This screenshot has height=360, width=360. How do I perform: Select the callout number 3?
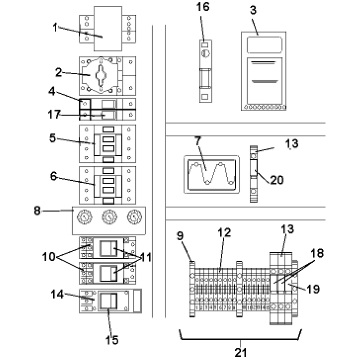click(x=253, y=10)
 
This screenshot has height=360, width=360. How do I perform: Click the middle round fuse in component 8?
click(x=108, y=219)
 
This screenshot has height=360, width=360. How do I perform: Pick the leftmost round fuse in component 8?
click(x=83, y=219)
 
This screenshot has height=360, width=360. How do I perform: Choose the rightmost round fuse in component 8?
click(x=133, y=219)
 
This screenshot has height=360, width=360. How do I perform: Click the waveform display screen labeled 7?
click(x=211, y=174)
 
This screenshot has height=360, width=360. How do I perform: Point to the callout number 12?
click(x=224, y=233)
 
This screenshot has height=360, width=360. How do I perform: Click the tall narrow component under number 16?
click(x=205, y=70)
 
